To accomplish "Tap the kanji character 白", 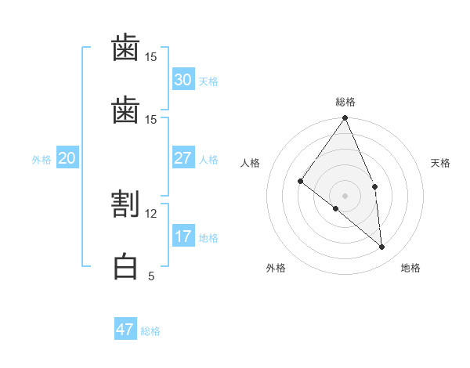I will [x=125, y=267].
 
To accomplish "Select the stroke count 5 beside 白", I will [x=151, y=276].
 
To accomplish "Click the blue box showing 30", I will [x=183, y=80].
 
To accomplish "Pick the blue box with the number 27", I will [x=183, y=158].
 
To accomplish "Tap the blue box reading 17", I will [x=183, y=236].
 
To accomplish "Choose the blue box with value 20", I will [x=67, y=158].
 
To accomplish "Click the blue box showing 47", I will [x=125, y=330].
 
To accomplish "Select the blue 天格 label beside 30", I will [x=208, y=81].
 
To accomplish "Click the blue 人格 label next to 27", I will [x=208, y=160].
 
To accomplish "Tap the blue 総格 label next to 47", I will [x=150, y=331].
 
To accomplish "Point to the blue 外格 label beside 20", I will [x=42, y=160].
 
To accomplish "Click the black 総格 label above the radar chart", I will [x=345, y=102].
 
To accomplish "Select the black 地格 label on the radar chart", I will [x=410, y=268].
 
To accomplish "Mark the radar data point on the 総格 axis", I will [x=345, y=118].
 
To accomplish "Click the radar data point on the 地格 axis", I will [x=382, y=247].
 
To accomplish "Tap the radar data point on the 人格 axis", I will [x=301, y=182].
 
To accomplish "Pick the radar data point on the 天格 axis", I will [x=375, y=186].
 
